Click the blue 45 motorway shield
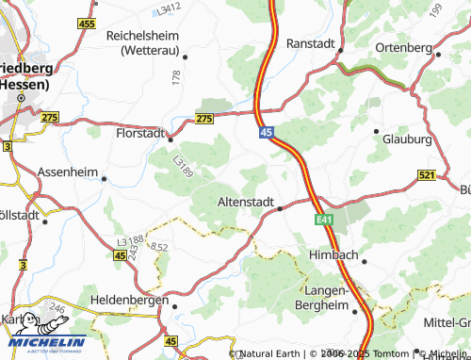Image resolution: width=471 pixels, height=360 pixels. (268, 135)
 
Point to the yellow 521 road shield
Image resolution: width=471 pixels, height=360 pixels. (426, 175)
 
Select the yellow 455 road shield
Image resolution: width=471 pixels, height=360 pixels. (87, 23)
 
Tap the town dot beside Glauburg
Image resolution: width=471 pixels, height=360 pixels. (377, 130)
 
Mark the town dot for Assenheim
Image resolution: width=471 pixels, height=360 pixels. (104, 178)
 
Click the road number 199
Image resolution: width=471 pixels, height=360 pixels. (435, 10)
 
